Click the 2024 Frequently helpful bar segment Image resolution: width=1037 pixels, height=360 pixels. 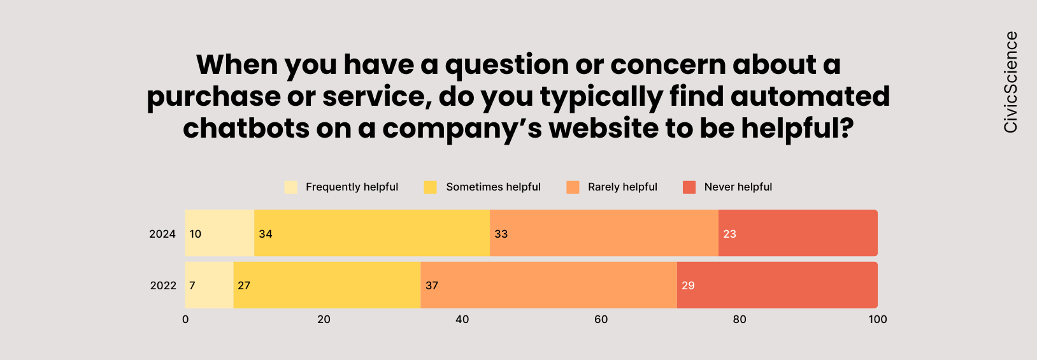[220, 233]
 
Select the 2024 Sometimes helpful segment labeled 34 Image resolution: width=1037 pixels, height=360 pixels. [372, 233]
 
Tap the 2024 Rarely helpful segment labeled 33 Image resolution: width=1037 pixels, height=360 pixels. [604, 233]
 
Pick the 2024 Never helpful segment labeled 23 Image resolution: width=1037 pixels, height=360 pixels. [797, 233]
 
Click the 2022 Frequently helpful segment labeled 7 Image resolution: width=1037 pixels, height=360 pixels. [210, 285]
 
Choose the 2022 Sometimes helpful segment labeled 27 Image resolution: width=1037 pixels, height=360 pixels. [327, 285]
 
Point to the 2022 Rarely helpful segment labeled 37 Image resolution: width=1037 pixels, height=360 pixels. [548, 285]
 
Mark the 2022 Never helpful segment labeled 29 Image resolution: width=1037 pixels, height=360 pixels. [777, 285]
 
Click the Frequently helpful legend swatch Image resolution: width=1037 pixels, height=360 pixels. [291, 187]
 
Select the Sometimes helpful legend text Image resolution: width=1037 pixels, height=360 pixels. [493, 187]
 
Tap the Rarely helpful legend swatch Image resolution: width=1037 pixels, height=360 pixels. [573, 187]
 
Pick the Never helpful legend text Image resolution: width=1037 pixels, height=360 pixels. [738, 187]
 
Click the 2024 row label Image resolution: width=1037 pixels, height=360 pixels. [162, 234]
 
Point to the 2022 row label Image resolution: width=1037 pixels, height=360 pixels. [163, 285]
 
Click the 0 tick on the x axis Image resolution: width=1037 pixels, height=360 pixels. [185, 319]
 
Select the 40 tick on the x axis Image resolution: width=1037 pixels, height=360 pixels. [462, 319]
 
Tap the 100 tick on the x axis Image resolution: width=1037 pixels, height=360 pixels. [878, 319]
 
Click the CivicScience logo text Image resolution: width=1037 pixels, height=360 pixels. [1011, 82]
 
